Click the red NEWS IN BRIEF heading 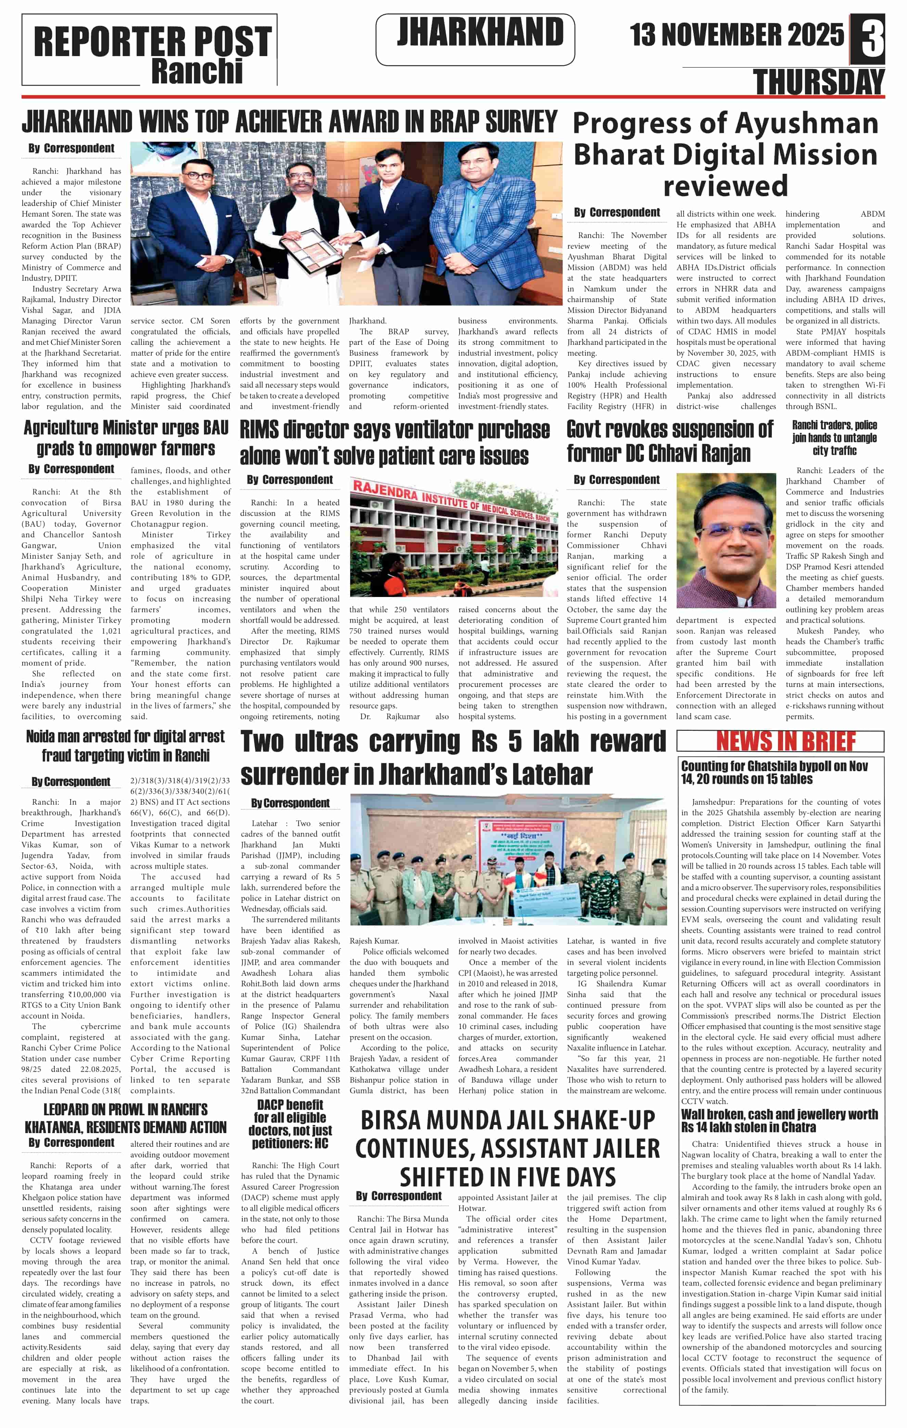(x=785, y=741)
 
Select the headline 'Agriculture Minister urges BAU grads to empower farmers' (x=126, y=438)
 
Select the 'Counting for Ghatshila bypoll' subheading (x=774, y=772)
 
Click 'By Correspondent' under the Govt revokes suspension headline (x=616, y=479)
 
